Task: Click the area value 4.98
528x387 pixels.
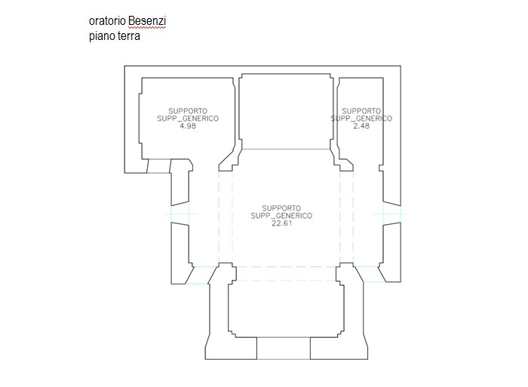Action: point(188,126)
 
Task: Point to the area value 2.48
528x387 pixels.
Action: point(361,126)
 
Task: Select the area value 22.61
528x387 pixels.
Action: point(281,223)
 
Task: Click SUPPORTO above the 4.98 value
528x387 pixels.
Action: point(188,111)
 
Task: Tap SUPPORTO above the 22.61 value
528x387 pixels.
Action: point(281,207)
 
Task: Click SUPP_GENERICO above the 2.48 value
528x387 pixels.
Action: point(361,118)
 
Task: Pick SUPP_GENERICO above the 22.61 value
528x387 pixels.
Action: point(281,215)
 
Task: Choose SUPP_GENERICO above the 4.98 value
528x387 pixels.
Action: point(188,118)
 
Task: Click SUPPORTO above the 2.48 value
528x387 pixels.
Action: point(361,111)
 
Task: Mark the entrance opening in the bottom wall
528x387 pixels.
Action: point(284,349)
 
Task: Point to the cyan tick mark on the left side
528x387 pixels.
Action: point(183,215)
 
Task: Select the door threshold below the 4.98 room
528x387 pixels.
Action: point(158,166)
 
